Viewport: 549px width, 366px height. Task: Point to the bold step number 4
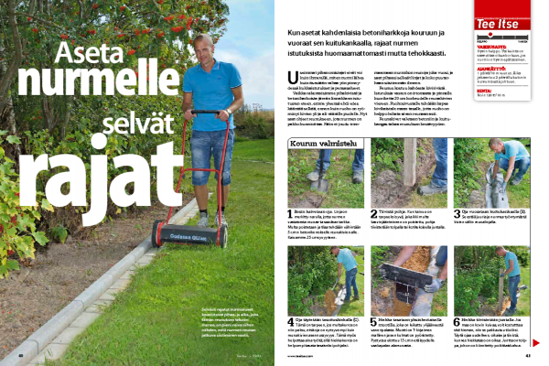[289, 320]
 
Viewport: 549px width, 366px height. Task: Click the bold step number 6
[457, 320]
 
